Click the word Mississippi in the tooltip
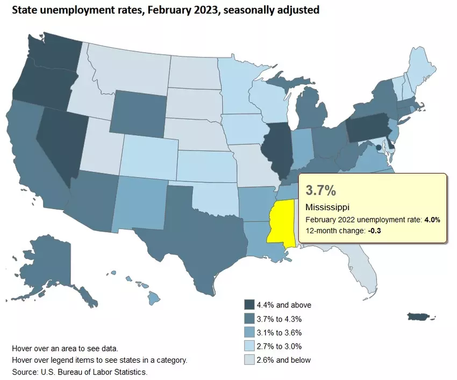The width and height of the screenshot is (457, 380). tap(328, 207)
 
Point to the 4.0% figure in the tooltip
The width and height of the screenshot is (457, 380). tap(432, 220)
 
